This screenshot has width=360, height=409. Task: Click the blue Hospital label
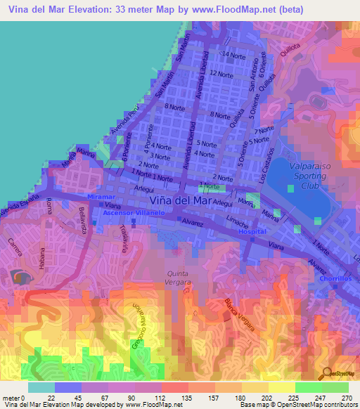pyautogui.click(x=252, y=231)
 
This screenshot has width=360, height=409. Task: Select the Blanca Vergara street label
pyautogui.click(x=239, y=316)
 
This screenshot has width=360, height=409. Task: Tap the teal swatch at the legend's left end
pyautogui.click(x=41, y=387)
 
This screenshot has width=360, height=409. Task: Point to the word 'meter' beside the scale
pyautogui.click(x=12, y=397)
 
